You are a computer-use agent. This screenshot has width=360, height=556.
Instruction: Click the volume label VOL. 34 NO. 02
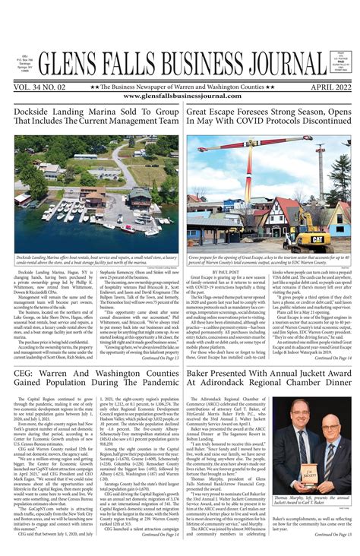(44, 87)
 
